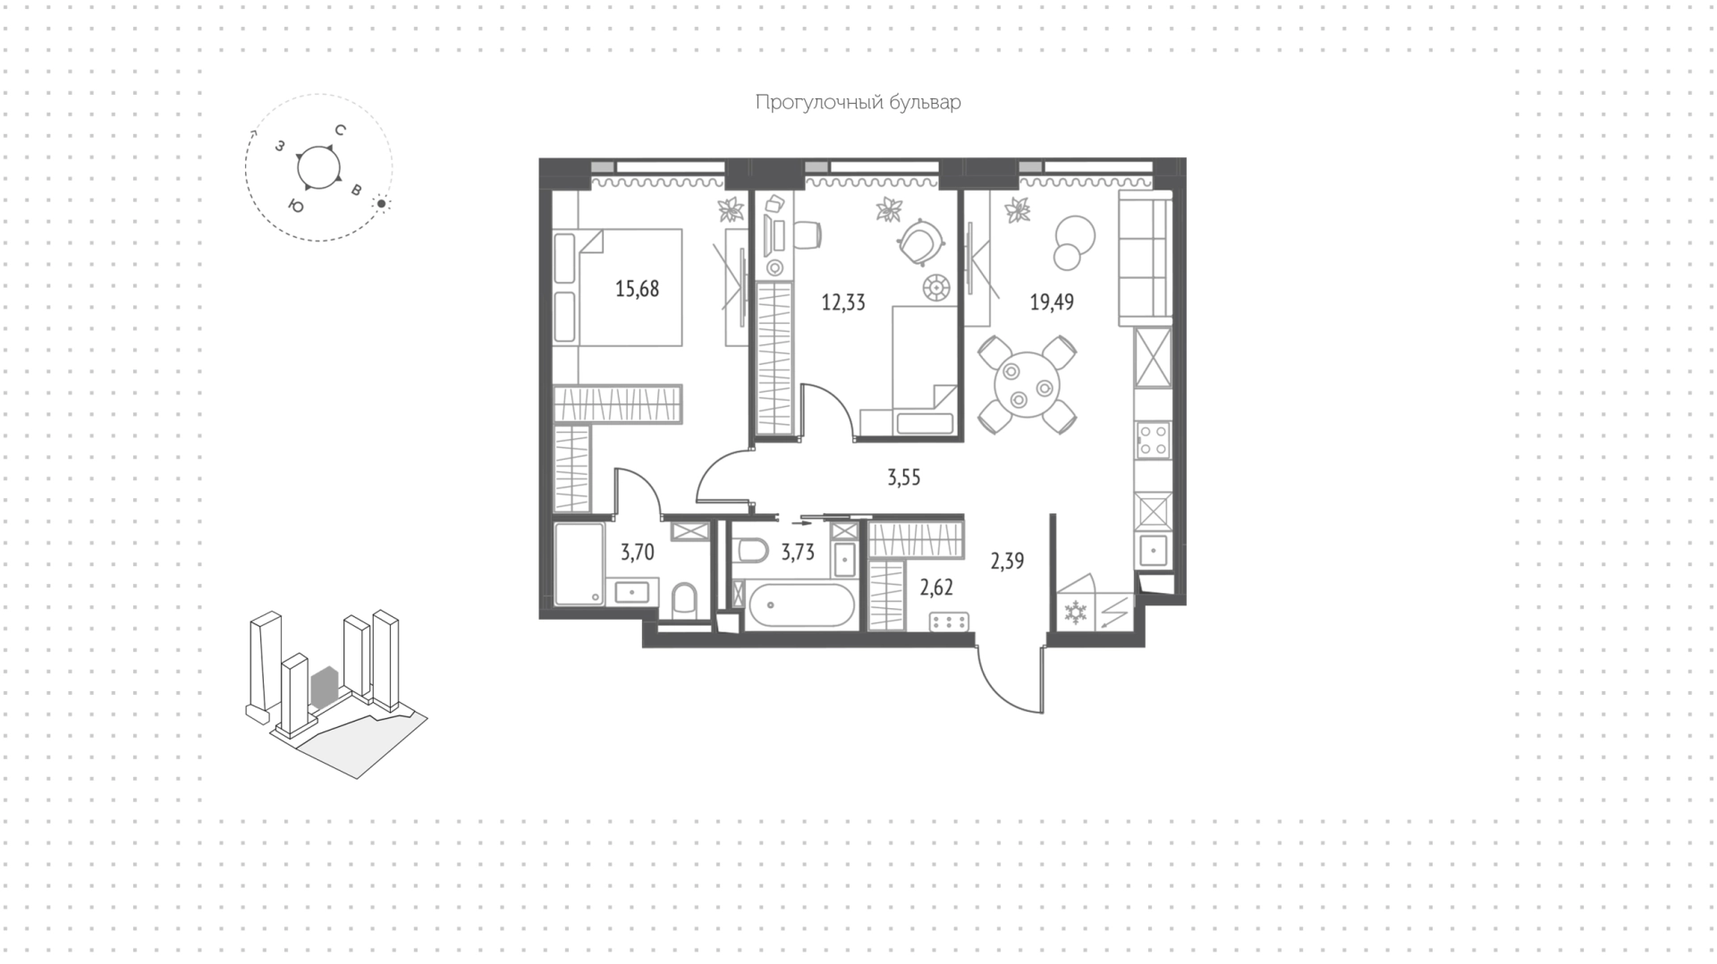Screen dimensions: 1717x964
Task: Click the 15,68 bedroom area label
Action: pyautogui.click(x=637, y=289)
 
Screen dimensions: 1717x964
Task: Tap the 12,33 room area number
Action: pyautogui.click(x=843, y=302)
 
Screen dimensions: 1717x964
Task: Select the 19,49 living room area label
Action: pyautogui.click(x=1052, y=302)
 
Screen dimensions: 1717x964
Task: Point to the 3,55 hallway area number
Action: pyautogui.click(x=903, y=478)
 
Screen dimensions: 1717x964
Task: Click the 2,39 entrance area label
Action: pyautogui.click(x=1007, y=561)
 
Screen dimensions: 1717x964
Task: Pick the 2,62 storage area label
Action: pyautogui.click(x=936, y=588)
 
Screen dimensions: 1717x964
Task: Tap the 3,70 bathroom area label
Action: pyautogui.click(x=638, y=552)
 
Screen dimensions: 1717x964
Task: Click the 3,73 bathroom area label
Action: pyautogui.click(x=798, y=552)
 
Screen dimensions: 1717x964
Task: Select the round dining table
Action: pyautogui.click(x=1028, y=385)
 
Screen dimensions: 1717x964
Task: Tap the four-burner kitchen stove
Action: pyautogui.click(x=1152, y=441)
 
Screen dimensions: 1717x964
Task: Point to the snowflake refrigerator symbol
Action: pyautogui.click(x=1074, y=613)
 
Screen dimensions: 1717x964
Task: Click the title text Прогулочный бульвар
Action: pyautogui.click(x=858, y=103)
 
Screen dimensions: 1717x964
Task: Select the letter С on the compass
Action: pyautogui.click(x=340, y=131)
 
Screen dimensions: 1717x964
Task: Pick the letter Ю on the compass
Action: pyautogui.click(x=295, y=206)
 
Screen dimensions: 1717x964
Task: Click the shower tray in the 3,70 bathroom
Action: pyautogui.click(x=579, y=565)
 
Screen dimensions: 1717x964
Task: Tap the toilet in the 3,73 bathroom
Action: pyautogui.click(x=749, y=550)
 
